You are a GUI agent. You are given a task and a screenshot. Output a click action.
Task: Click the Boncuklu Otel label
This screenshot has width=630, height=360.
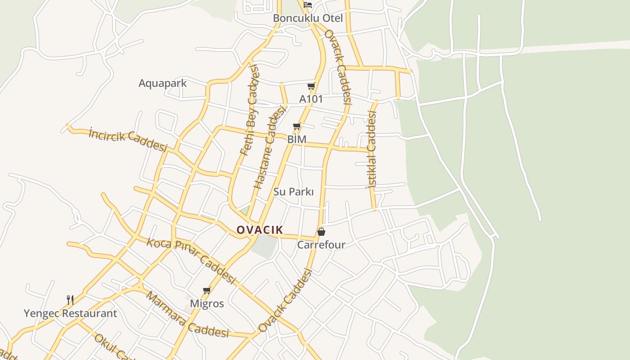[x=308, y=18]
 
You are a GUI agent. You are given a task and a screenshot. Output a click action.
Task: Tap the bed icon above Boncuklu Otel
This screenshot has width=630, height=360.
[x=308, y=5]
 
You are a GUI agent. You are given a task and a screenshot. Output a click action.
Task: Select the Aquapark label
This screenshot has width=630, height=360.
[x=162, y=83]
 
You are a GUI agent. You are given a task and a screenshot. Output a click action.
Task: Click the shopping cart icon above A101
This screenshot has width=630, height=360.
[x=311, y=86]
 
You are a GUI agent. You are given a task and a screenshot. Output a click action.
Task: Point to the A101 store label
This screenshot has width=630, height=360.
[x=311, y=99]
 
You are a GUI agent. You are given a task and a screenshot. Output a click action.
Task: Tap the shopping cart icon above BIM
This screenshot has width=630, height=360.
[x=297, y=126]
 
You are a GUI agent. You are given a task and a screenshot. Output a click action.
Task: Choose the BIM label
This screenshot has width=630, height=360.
[x=297, y=139]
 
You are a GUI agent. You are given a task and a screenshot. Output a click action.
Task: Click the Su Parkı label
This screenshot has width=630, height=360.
[x=293, y=192]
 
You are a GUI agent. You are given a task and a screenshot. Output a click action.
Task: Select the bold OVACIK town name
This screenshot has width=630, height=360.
[x=260, y=230]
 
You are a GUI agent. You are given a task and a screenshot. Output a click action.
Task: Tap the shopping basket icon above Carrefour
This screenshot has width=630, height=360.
[x=321, y=232]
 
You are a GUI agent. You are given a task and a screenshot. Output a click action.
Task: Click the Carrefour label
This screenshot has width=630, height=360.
[x=321, y=245]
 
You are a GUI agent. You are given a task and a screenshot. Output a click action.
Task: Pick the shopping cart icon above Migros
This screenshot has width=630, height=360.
[x=207, y=290]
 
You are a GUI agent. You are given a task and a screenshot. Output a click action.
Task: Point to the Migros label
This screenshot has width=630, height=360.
[x=207, y=304]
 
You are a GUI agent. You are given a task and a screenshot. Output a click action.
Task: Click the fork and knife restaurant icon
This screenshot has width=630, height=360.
[x=70, y=300]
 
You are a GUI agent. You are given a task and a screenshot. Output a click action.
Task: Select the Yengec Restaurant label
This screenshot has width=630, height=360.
[x=70, y=314]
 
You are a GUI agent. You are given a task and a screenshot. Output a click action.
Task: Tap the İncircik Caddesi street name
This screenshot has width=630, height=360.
[x=128, y=140]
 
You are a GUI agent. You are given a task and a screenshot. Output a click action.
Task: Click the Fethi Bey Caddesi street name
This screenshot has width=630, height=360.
[x=250, y=110]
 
